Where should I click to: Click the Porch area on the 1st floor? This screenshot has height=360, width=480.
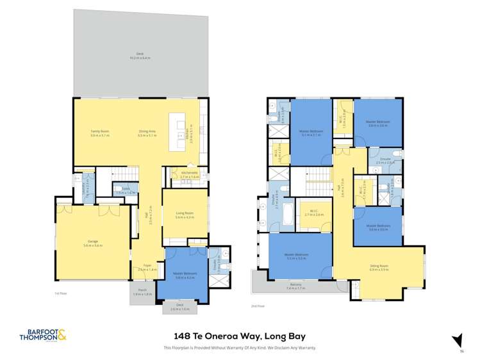(142, 293)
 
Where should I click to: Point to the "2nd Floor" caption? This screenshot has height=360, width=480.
(258, 306)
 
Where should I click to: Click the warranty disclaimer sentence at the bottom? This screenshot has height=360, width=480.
(240, 348)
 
